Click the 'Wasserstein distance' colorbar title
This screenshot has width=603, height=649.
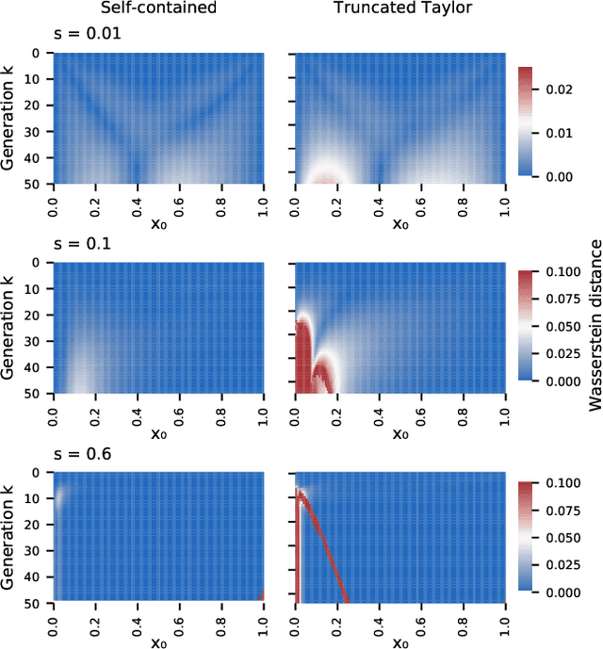(x=594, y=325)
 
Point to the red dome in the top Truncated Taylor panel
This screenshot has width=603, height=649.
(x=327, y=178)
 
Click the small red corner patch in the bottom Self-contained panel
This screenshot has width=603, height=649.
(x=261, y=596)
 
